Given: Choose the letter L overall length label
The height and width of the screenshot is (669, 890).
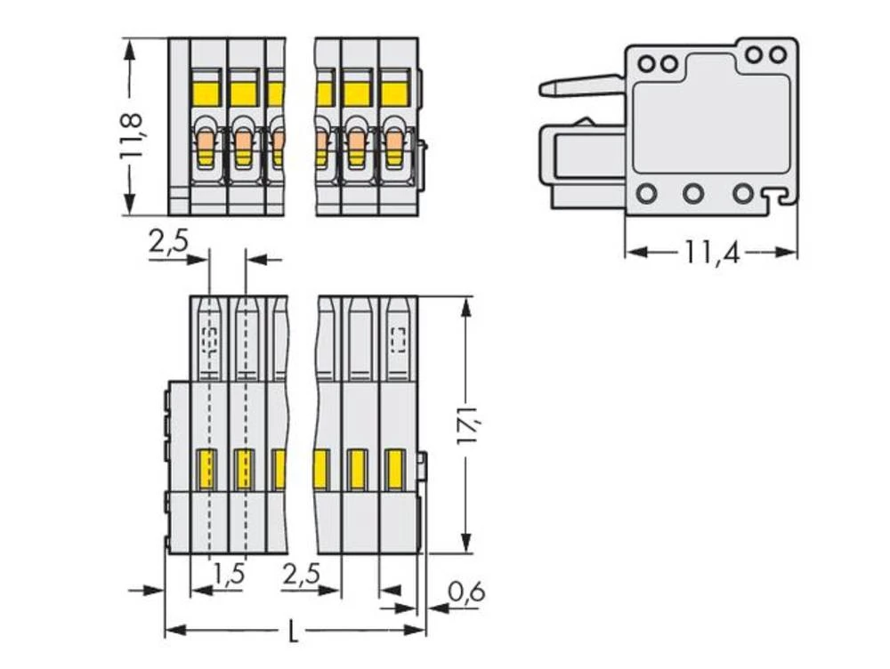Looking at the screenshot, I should (x=295, y=633).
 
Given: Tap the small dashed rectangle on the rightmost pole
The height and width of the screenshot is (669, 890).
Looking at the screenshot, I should (x=398, y=337).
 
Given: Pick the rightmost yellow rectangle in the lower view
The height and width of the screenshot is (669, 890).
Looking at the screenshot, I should (x=394, y=469).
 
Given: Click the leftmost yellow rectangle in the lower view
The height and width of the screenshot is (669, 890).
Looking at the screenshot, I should (x=206, y=469).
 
